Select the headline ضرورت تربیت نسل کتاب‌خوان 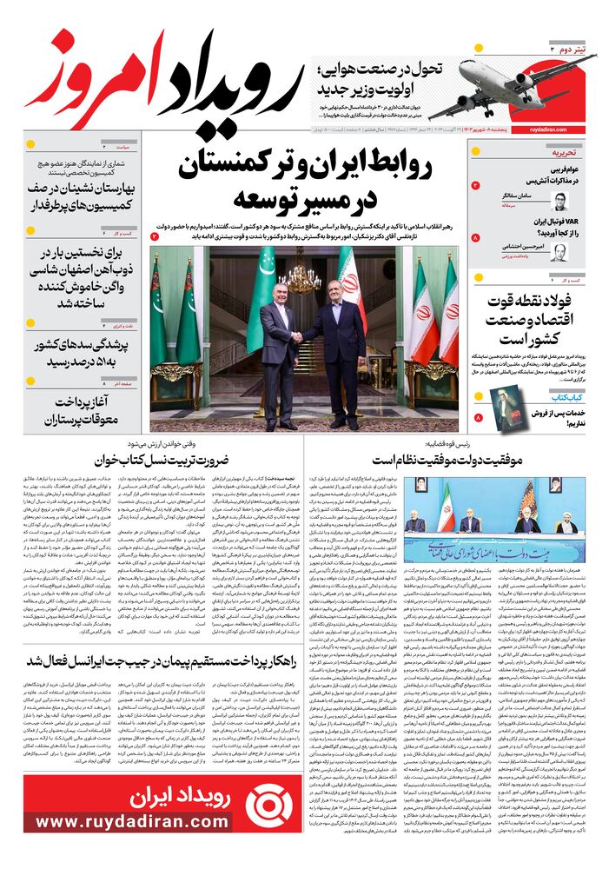pos(169,460)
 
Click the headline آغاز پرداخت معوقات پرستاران pos(82,411)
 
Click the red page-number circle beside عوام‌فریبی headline pos(475,185)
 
